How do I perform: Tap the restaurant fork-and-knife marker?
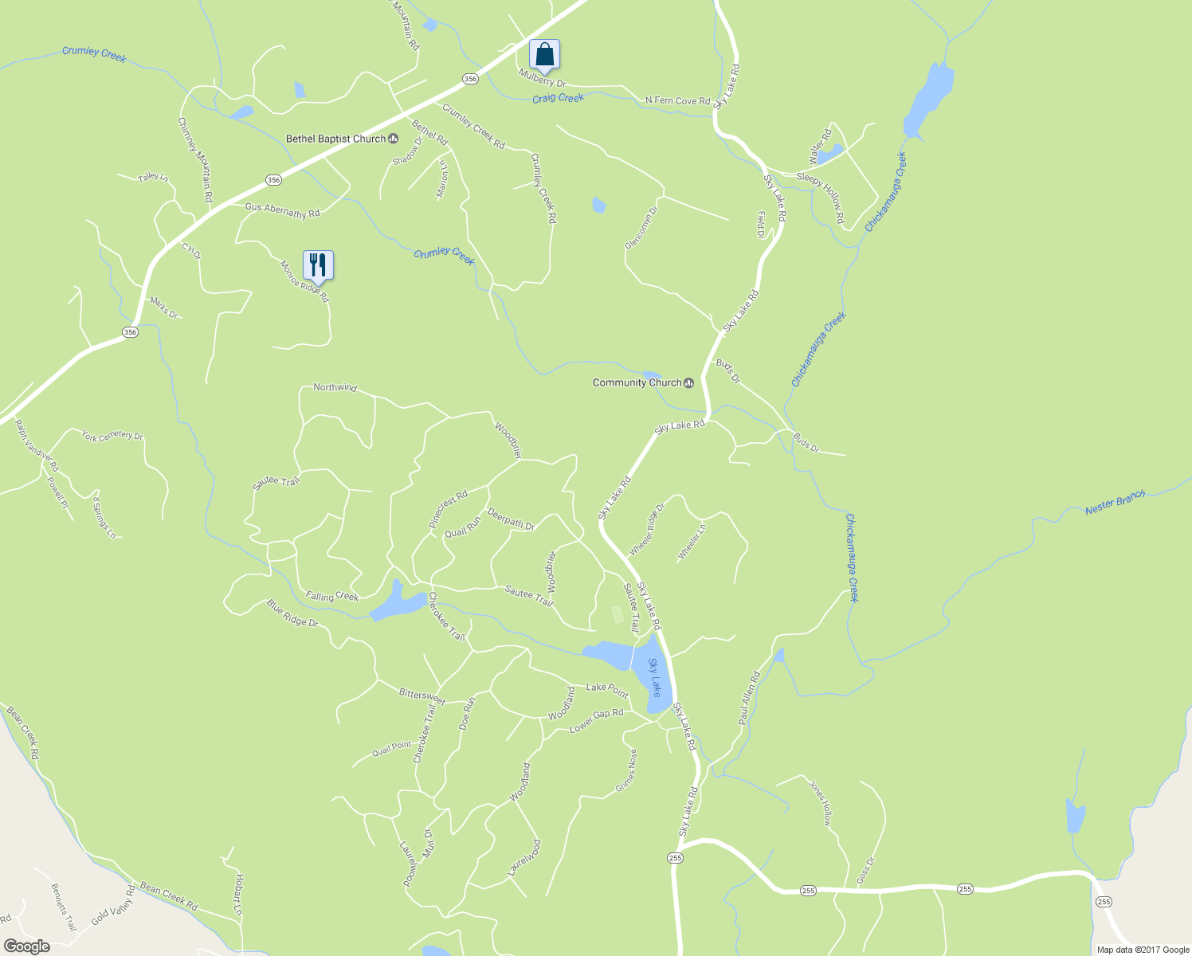click(318, 264)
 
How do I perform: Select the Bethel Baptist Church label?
click(335, 139)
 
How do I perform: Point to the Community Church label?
click(637, 382)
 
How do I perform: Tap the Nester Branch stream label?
click(1115, 503)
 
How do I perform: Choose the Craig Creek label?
click(558, 97)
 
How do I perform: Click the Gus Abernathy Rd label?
click(282, 210)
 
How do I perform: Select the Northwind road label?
click(335, 387)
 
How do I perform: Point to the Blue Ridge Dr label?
click(292, 613)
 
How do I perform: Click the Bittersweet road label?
click(422, 695)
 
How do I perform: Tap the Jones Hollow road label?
click(821, 802)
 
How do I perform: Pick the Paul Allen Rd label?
click(749, 698)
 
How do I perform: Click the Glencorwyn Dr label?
click(641, 228)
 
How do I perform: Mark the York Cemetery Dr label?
click(112, 436)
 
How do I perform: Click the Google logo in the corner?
click(26, 946)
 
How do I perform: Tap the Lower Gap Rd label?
click(596, 720)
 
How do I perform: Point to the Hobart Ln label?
click(238, 894)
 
